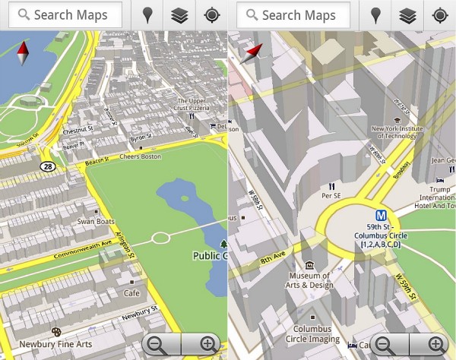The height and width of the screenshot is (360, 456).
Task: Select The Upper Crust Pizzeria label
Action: tap(192, 105)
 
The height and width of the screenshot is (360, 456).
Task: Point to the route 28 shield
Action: tap(49, 165)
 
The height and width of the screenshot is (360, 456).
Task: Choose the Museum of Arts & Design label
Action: tap(310, 279)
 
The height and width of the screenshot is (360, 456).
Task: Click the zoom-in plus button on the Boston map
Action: tap(207, 344)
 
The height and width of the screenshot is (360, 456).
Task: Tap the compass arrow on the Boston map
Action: tap(23, 53)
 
